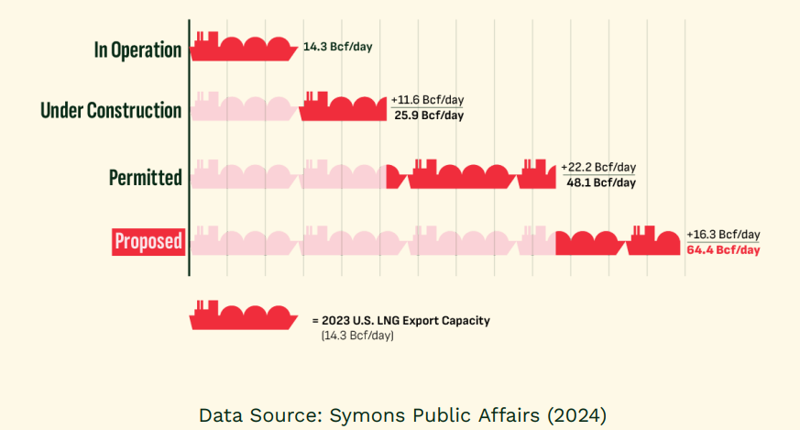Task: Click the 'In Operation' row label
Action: [x=137, y=50]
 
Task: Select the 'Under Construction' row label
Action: [x=111, y=111]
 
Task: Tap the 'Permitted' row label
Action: [x=145, y=177]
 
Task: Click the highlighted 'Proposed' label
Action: [x=148, y=241]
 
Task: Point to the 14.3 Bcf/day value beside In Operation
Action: [x=337, y=46]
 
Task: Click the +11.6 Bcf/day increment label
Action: [x=427, y=100]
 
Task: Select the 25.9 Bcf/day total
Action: [x=429, y=116]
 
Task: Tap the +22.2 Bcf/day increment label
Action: [x=598, y=167]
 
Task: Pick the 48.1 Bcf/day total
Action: [x=601, y=182]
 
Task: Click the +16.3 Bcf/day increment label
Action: [x=723, y=235]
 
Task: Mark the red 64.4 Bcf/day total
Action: [x=723, y=249]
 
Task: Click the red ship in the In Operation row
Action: [x=244, y=47]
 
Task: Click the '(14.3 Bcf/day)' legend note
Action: [x=357, y=336]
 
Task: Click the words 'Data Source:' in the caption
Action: [x=257, y=414]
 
